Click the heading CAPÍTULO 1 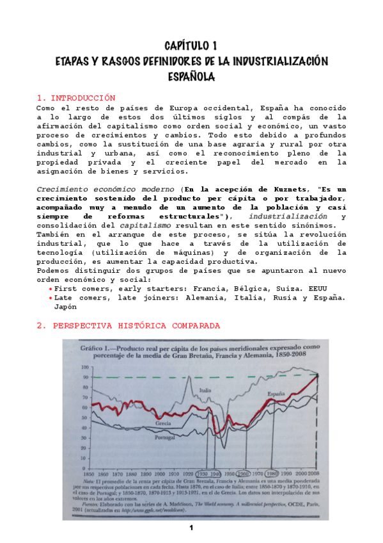(x=191, y=45)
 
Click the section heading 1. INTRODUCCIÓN (x=76, y=98)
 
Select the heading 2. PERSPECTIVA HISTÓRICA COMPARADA (x=129, y=325)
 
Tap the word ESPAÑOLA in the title (x=191, y=76)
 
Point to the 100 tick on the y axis (x=84, y=368)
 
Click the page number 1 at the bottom (x=191, y=528)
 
